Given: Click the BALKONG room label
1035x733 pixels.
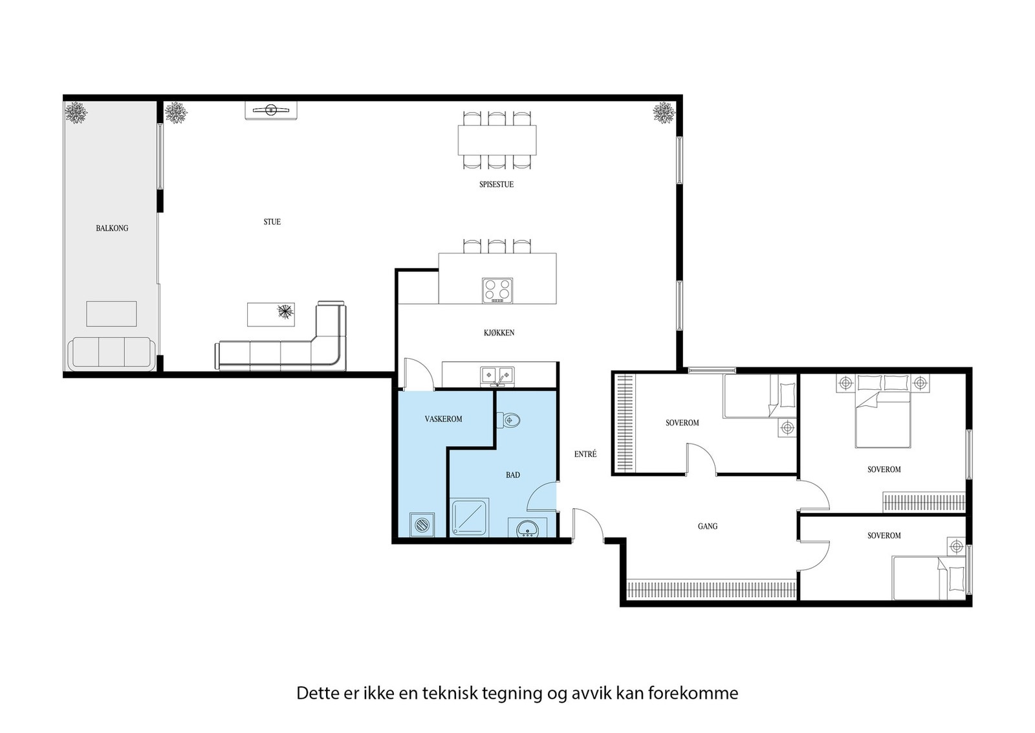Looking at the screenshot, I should pos(112,228).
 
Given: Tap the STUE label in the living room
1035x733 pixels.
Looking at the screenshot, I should pos(272,221).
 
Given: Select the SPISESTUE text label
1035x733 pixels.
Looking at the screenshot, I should pos(496,185).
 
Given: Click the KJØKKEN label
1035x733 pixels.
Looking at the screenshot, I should pos(499,333).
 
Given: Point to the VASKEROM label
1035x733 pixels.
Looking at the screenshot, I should pos(443,419).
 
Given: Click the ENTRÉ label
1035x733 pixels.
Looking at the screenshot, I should pos(585,455).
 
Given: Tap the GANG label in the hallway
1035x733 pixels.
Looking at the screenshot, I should pos(707,526).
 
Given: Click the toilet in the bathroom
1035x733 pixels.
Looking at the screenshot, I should pos(510,420).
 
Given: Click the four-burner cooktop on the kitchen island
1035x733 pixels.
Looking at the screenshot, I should pos(497,291).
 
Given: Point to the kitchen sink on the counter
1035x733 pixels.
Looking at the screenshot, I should pos(497,375).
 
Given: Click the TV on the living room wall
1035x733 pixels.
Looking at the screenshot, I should pos(271,110).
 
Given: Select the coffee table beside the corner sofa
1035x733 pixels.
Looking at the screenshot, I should pos(272,314).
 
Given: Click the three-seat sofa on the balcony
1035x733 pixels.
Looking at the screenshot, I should pos(112,353).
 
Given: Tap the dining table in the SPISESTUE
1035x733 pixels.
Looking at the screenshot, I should pos(497,140).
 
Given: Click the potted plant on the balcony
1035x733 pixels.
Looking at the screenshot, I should pos(76,113).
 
